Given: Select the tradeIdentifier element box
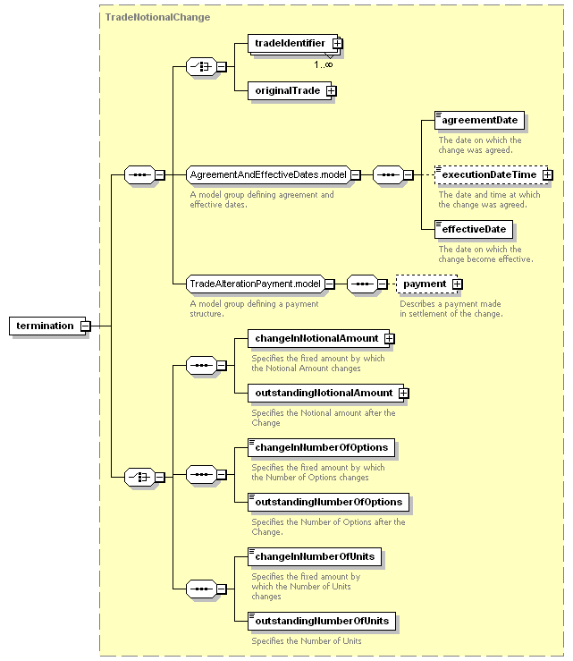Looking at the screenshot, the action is (x=295, y=44).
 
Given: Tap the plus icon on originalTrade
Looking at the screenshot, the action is (x=332, y=91).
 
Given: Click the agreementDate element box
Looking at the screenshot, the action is (x=479, y=120).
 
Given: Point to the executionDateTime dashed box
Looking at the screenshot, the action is (x=493, y=174).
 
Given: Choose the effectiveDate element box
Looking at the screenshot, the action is (x=474, y=229).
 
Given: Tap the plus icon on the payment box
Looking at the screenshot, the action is (x=458, y=284).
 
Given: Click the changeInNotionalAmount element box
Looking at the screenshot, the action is (x=321, y=338).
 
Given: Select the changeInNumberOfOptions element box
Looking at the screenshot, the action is (x=322, y=448).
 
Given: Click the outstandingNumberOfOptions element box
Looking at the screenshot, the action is (x=329, y=502).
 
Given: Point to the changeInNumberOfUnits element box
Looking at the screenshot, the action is (x=315, y=557).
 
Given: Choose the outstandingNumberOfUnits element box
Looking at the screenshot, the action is (x=322, y=622).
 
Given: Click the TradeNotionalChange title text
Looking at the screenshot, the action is (x=157, y=17).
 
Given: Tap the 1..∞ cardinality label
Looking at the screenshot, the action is (x=324, y=64).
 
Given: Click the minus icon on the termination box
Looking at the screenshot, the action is (x=86, y=326).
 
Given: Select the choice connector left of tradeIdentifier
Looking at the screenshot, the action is (x=201, y=66).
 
